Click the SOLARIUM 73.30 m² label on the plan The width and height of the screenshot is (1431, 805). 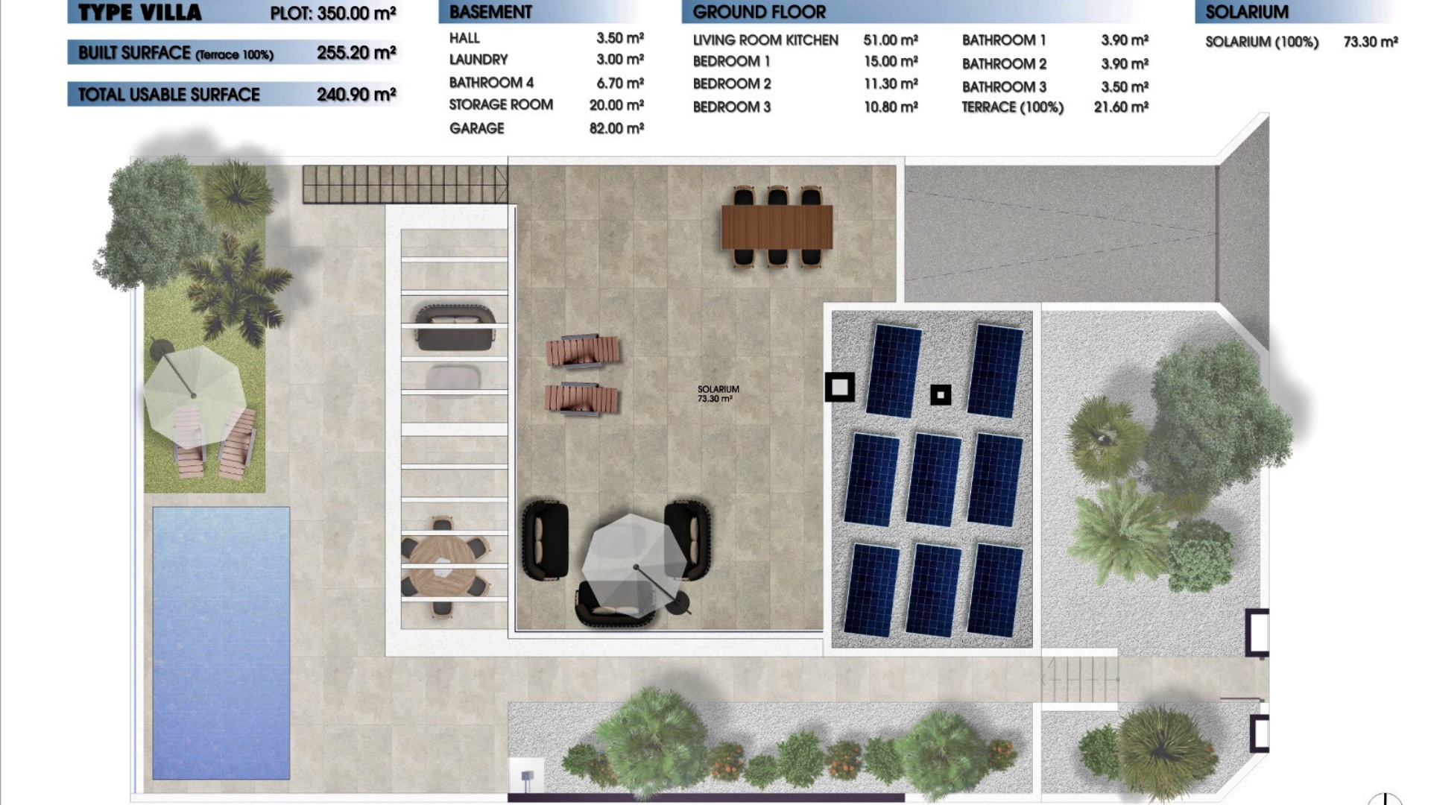pyautogui.click(x=718, y=394)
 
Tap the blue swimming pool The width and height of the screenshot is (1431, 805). pyautogui.click(x=221, y=643)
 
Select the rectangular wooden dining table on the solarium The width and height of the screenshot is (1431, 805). pyautogui.click(x=777, y=227)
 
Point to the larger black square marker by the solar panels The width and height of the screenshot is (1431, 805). pyautogui.click(x=840, y=387)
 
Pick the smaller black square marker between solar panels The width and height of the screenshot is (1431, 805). pyautogui.click(x=941, y=395)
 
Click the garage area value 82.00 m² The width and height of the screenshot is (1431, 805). pyautogui.click(x=616, y=128)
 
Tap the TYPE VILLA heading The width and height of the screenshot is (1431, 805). pyautogui.click(x=139, y=13)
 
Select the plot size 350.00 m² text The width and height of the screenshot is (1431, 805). pyautogui.click(x=333, y=13)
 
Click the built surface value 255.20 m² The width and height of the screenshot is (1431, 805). pyautogui.click(x=356, y=53)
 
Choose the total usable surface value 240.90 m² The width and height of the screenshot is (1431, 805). pyautogui.click(x=356, y=95)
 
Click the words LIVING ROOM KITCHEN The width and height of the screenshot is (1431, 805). pyautogui.click(x=765, y=40)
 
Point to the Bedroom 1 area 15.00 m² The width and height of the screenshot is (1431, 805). pyautogui.click(x=891, y=61)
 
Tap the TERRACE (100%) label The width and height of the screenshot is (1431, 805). pyautogui.click(x=1012, y=107)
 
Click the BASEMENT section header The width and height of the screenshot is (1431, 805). pyautogui.click(x=490, y=12)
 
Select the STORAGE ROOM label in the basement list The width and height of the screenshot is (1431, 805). pyautogui.click(x=501, y=105)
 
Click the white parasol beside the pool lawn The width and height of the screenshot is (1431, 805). pyautogui.click(x=193, y=394)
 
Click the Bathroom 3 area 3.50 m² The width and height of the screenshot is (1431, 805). pyautogui.click(x=1125, y=86)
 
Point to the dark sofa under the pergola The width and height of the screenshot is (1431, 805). pyautogui.click(x=455, y=327)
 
